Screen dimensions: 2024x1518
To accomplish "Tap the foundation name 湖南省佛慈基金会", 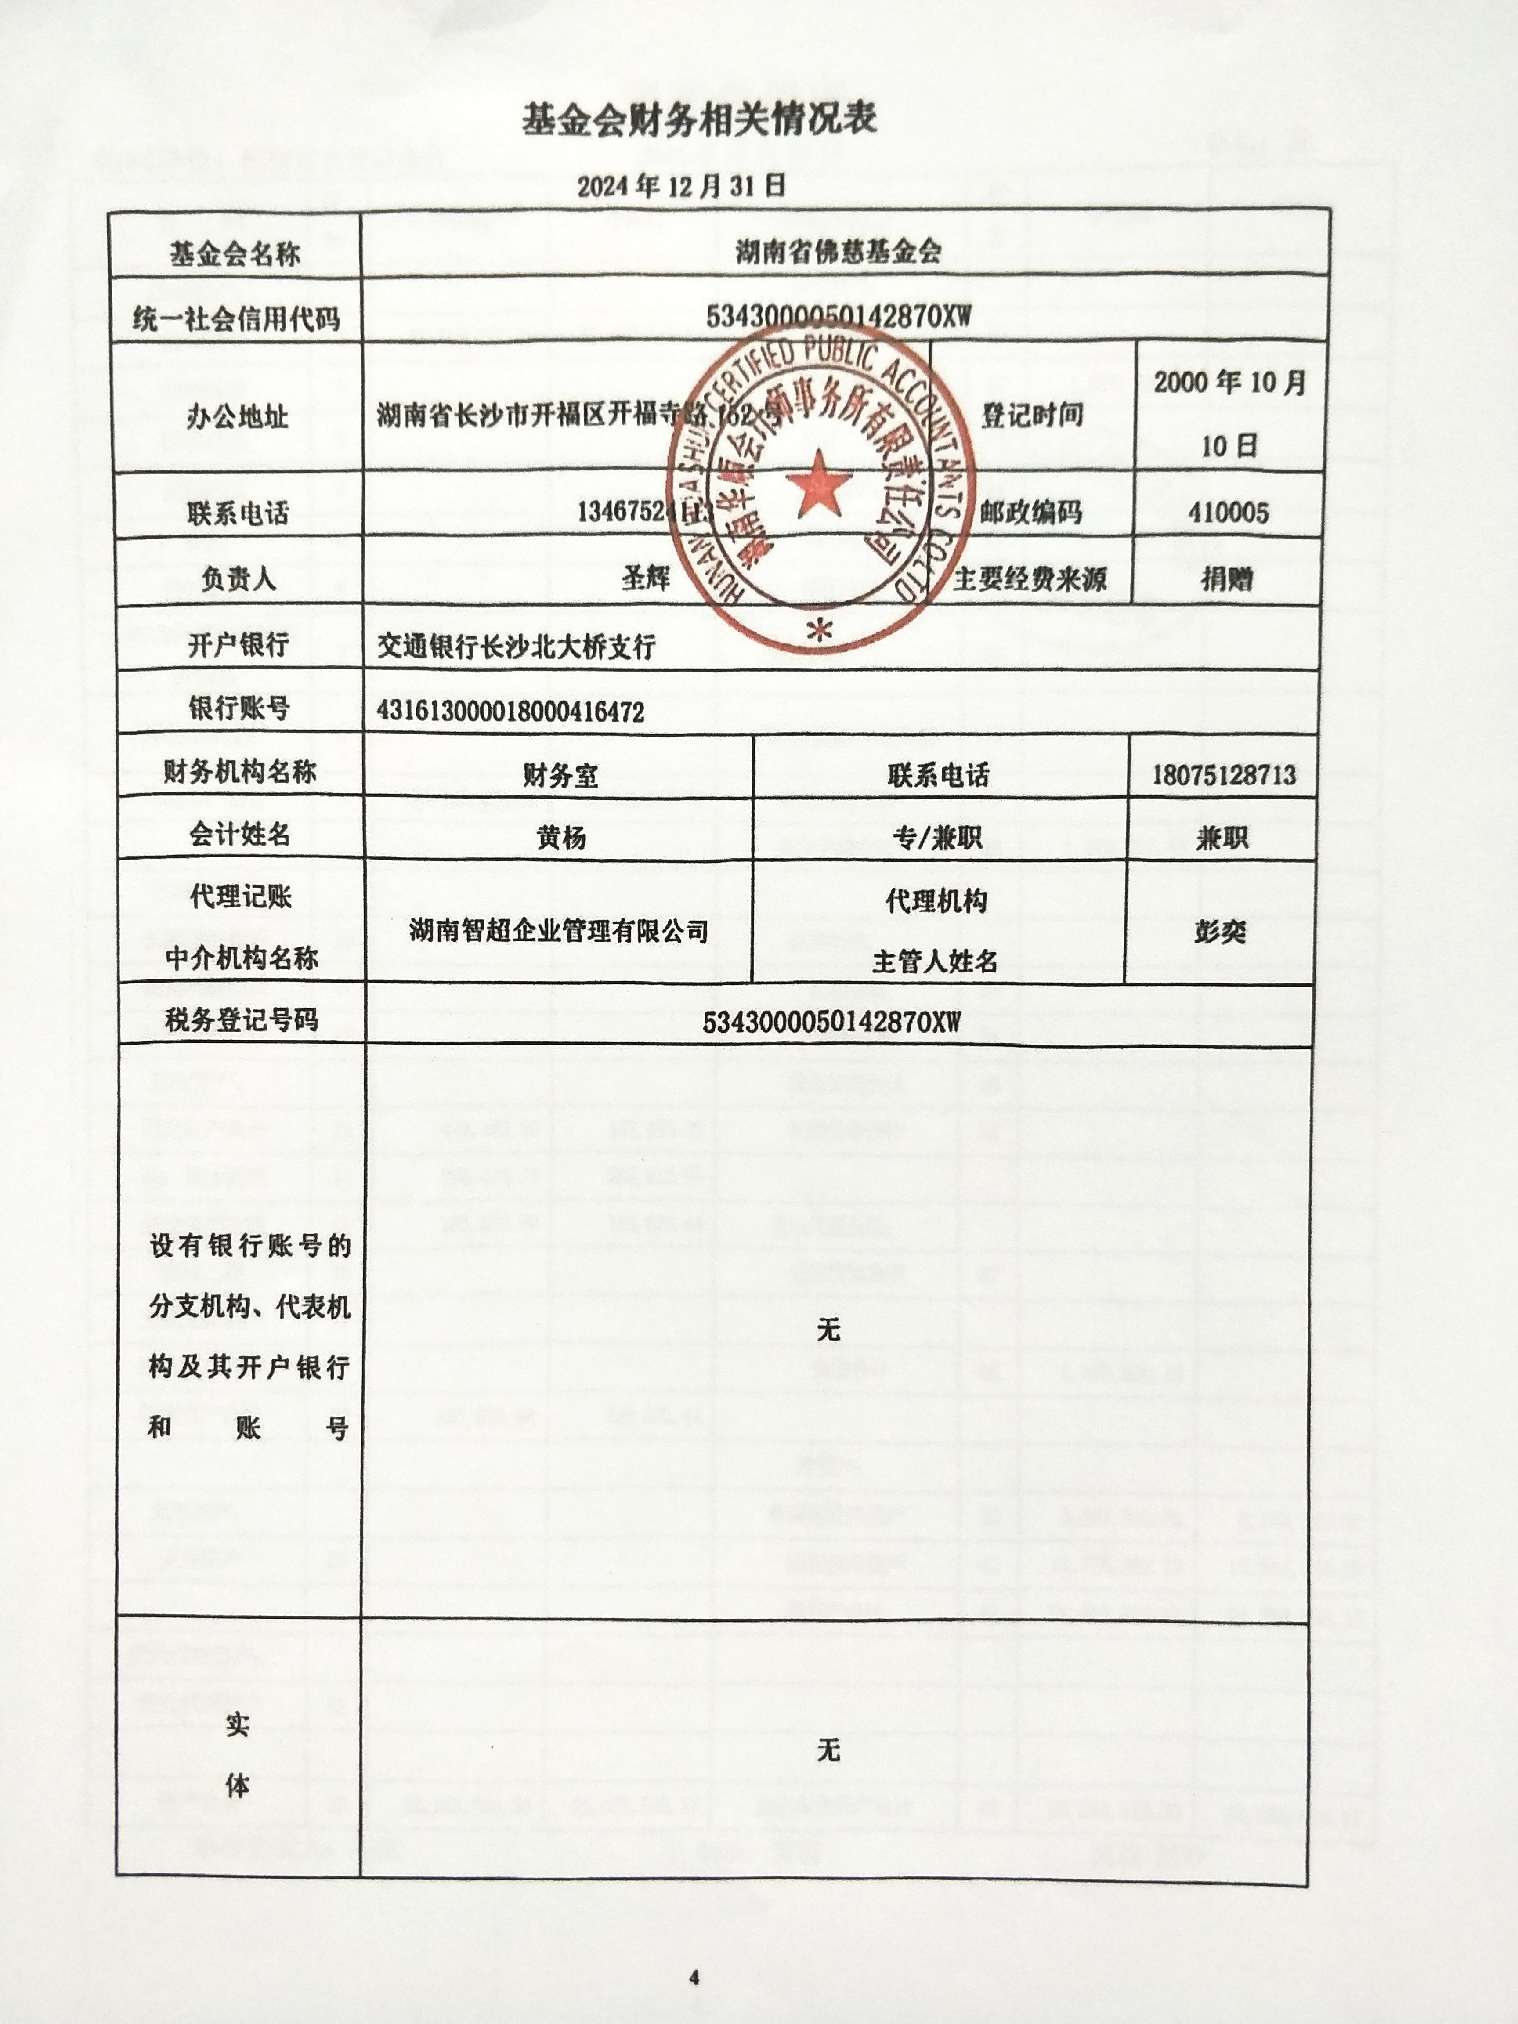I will pyautogui.click(x=838, y=251).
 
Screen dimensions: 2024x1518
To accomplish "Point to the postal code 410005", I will pyautogui.click(x=1228, y=513).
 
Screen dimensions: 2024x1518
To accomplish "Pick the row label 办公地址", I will pyautogui.click(x=237, y=417).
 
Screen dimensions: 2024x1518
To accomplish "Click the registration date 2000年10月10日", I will pyautogui.click(x=1229, y=414).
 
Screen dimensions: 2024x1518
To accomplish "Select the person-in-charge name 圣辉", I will pyautogui.click(x=646, y=577).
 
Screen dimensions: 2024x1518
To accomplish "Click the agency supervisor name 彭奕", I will pyautogui.click(x=1220, y=932).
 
